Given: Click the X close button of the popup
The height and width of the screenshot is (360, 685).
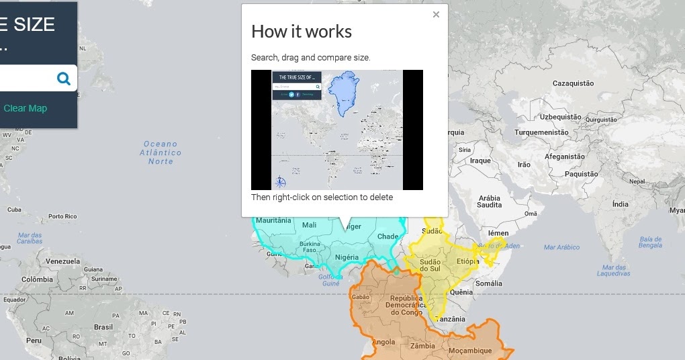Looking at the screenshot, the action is click(x=436, y=14).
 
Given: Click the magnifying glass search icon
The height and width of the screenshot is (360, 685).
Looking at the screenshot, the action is click(x=64, y=79).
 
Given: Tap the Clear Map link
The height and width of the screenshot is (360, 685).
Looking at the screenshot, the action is click(x=26, y=108).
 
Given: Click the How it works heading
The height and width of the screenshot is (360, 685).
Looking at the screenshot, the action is click(x=302, y=32).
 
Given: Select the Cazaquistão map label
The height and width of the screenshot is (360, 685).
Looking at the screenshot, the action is click(x=573, y=83).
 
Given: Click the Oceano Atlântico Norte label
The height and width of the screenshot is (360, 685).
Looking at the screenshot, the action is click(x=161, y=152).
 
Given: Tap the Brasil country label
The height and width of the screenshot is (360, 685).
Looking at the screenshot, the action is click(x=103, y=327).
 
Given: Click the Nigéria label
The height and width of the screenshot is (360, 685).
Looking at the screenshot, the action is click(x=347, y=257).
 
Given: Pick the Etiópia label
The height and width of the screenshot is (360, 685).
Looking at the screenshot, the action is click(x=467, y=261).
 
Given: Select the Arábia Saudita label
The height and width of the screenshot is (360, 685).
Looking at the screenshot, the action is click(x=490, y=201).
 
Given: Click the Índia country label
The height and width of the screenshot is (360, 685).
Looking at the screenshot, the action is click(x=620, y=204).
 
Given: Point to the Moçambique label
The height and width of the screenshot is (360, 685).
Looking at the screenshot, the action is click(x=471, y=350).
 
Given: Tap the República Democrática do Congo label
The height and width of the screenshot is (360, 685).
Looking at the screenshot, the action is click(x=404, y=305).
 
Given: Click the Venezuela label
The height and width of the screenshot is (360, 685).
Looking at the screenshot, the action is click(x=62, y=261).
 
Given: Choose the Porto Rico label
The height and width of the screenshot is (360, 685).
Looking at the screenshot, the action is click(x=62, y=216).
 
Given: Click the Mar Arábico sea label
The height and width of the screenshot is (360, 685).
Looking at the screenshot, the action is click(x=561, y=247).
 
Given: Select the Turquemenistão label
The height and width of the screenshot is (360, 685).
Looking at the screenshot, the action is click(x=541, y=132).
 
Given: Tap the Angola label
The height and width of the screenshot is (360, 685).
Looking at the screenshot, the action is click(x=383, y=342).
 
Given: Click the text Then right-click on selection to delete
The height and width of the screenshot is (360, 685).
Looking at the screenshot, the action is click(x=322, y=197).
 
